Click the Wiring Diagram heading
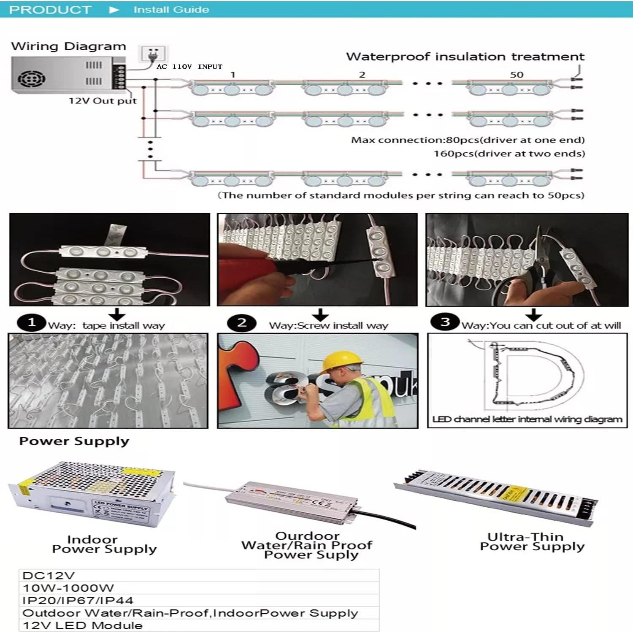[x=68, y=46]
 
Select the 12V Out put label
[x=103, y=101]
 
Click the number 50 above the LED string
[x=517, y=75]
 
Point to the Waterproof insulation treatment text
[x=465, y=57]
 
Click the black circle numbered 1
[x=31, y=323]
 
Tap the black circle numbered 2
[x=241, y=323]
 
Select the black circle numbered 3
[x=445, y=322]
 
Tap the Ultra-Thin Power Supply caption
[x=532, y=542]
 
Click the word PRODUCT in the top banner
[x=50, y=10]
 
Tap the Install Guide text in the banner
[x=171, y=10]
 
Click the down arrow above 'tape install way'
[x=117, y=314]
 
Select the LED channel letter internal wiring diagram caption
[x=527, y=419]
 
